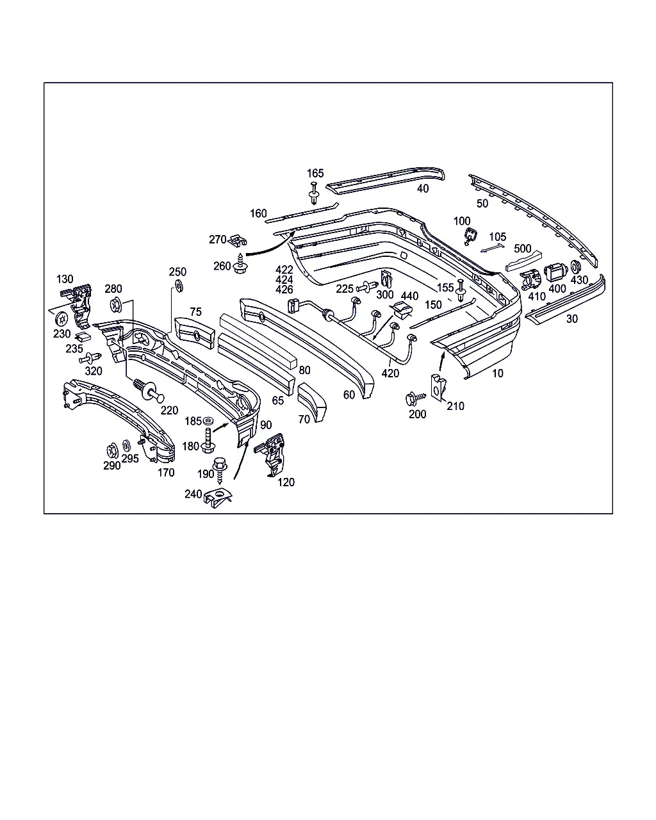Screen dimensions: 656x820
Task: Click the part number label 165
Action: click(315, 174)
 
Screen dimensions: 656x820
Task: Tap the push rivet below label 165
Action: click(314, 193)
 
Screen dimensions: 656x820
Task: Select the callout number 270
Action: click(218, 240)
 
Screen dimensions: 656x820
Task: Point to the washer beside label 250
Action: click(178, 286)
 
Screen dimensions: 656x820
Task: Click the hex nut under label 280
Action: click(115, 305)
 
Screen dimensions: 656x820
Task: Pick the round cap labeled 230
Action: click(61, 318)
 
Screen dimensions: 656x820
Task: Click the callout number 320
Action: click(94, 371)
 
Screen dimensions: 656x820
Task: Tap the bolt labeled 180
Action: click(208, 440)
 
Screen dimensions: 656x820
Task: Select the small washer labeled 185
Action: click(208, 421)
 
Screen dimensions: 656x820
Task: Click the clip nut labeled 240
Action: click(218, 498)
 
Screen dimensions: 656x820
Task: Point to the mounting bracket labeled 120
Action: click(270, 455)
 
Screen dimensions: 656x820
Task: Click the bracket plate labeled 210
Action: click(438, 388)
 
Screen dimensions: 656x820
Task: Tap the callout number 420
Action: click(390, 373)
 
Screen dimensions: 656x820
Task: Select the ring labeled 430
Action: click(575, 267)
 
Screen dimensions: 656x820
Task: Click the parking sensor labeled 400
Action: click(556, 273)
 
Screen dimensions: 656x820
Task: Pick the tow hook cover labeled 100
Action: click(471, 236)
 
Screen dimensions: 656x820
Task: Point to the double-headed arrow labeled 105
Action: click(492, 248)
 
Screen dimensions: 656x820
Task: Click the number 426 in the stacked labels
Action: click(284, 290)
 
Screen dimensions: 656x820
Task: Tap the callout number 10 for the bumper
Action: click(498, 373)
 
